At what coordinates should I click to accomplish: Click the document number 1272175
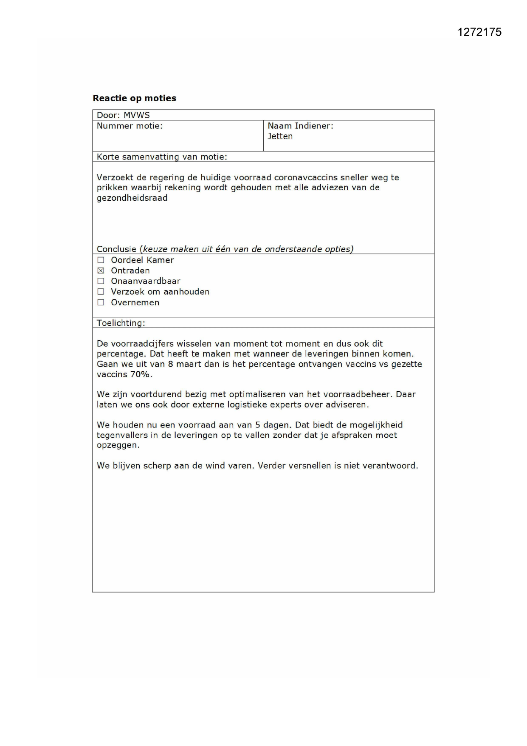tap(479, 32)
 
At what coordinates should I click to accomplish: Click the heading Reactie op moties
tap(134, 98)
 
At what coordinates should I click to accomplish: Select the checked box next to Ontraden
tap(101, 270)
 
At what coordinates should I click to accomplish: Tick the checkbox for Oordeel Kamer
tap(101, 260)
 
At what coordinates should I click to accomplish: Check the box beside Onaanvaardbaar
tap(101, 281)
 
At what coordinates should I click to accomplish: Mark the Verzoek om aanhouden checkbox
tap(101, 292)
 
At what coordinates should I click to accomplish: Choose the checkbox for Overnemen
tap(101, 302)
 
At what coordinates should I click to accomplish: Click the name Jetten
tap(280, 137)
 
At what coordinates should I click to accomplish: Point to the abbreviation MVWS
tap(136, 115)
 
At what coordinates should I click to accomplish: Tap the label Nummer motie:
tap(130, 126)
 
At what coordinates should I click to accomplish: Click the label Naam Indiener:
tap(300, 126)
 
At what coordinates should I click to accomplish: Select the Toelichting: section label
tap(121, 323)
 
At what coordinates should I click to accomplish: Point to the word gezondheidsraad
tap(132, 198)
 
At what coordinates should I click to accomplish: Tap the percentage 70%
tap(141, 375)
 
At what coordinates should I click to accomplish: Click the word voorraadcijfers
tap(142, 344)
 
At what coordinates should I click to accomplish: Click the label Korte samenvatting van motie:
tap(162, 157)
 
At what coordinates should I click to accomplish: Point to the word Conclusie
tap(116, 249)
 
